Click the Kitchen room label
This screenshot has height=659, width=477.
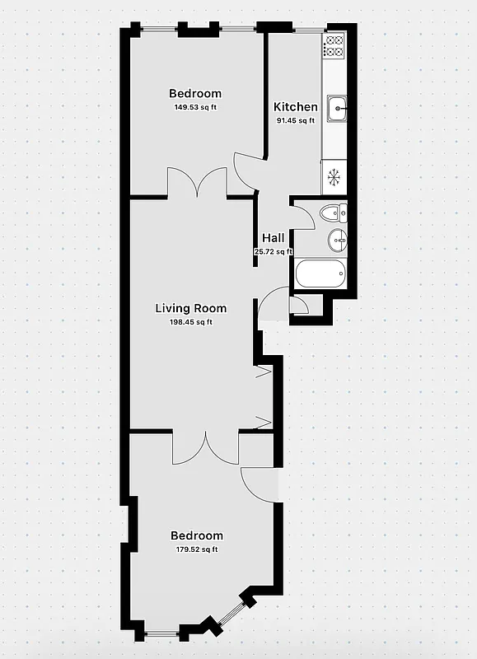(295, 107)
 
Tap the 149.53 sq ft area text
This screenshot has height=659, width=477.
(195, 108)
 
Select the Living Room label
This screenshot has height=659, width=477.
(191, 309)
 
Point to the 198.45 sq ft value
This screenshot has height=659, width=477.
(191, 322)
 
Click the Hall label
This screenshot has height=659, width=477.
(274, 238)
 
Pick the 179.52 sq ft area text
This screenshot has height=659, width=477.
(196, 549)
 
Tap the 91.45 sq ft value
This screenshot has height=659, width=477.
(295, 120)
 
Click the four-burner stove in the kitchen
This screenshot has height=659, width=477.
(334, 46)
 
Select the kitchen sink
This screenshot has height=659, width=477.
(335, 108)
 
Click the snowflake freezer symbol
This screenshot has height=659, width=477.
(334, 176)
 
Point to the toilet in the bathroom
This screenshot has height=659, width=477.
(334, 213)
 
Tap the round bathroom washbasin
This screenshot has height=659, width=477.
(337, 241)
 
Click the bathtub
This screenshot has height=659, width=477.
(320, 274)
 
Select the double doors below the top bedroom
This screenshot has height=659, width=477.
(197, 183)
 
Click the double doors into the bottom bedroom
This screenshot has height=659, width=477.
(205, 447)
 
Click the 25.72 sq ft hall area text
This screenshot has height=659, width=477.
(274, 252)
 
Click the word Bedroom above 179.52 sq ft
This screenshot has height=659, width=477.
(196, 535)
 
